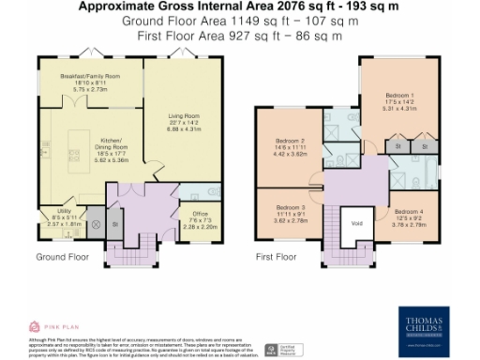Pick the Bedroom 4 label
408,213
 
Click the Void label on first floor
356,222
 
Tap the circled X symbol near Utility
94,224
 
